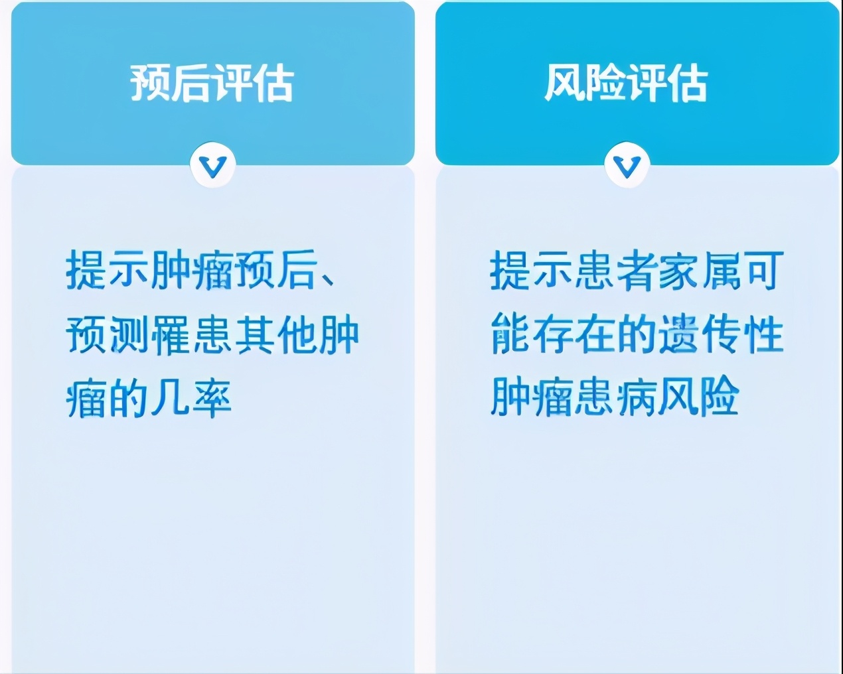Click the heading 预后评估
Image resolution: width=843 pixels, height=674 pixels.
pos(212,83)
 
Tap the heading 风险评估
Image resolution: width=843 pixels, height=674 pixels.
pos(626,83)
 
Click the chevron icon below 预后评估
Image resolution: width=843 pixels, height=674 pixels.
pos(212,165)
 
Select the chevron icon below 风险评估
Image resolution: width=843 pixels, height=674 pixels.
pos(627,165)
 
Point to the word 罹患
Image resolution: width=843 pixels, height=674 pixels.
pos(192,336)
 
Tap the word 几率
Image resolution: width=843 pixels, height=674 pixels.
pos(192,399)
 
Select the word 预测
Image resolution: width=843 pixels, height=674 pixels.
pos(108,336)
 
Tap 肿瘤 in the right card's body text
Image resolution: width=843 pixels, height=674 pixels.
pos(532,397)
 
